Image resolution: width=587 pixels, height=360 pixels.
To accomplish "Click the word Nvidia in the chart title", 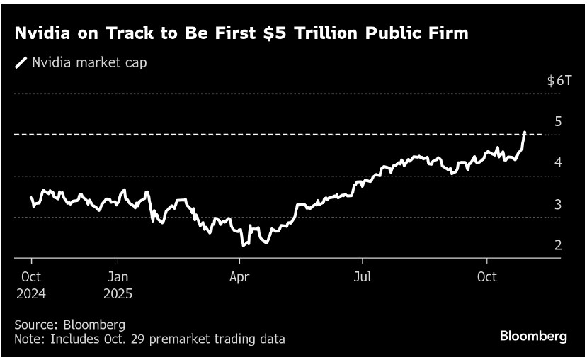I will [42, 33].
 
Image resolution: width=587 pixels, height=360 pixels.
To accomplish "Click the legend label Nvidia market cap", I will [90, 62].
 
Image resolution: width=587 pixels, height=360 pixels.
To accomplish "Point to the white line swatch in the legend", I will [21, 63].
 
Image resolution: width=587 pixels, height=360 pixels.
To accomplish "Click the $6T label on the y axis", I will [559, 81].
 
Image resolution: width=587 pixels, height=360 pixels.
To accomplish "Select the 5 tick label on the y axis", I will [558, 121].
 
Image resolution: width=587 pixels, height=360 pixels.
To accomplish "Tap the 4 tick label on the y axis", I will [558, 163].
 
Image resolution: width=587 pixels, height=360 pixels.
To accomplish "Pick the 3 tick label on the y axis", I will [558, 205].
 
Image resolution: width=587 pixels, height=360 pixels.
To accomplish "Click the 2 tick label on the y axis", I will [558, 246].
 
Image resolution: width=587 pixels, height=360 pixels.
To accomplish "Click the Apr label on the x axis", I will [239, 276].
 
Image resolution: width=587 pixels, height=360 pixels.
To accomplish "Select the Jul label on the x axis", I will [362, 276].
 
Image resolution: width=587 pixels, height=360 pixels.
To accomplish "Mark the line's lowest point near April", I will [243, 245].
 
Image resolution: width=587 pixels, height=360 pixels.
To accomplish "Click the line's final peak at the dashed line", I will [524, 132].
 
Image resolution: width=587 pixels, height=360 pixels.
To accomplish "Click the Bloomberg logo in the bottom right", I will [533, 337].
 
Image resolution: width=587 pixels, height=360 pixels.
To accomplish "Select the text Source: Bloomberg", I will [69, 325].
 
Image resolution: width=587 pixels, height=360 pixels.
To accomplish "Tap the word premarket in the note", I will [160, 339].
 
